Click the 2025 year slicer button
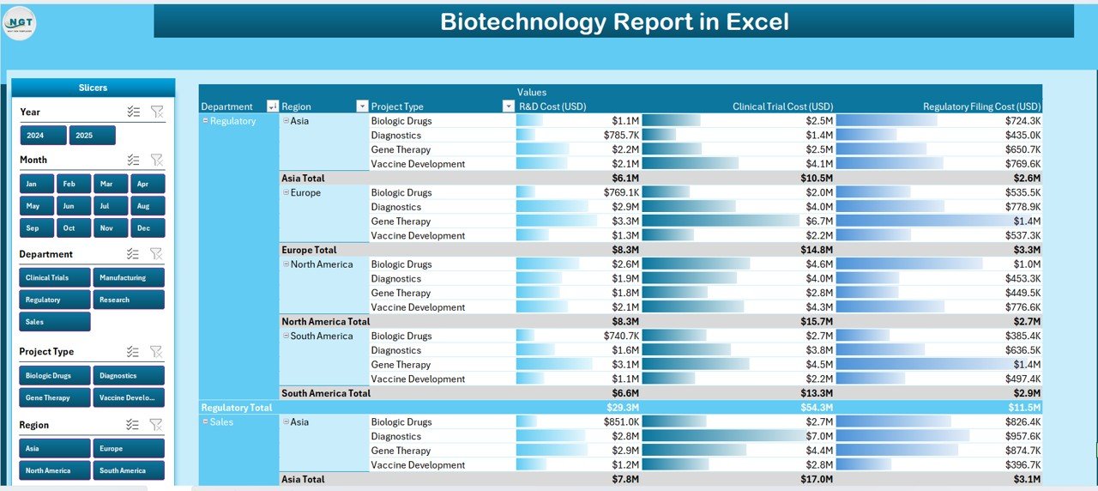tap(92, 136)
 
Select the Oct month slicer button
tap(69, 227)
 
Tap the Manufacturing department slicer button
tap(128, 277)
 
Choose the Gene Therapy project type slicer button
tap(54, 397)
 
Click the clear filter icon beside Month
tap(156, 160)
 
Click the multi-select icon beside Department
tap(133, 254)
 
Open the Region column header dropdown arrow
tap(361, 106)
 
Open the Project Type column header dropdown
tap(508, 106)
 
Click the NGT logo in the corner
tap(20, 23)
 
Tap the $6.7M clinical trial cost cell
tap(819, 221)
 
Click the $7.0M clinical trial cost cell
tap(819, 436)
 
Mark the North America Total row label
tap(325, 322)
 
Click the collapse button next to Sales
tap(205, 421)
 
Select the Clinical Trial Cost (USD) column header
tap(782, 106)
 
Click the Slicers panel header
tap(93, 88)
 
